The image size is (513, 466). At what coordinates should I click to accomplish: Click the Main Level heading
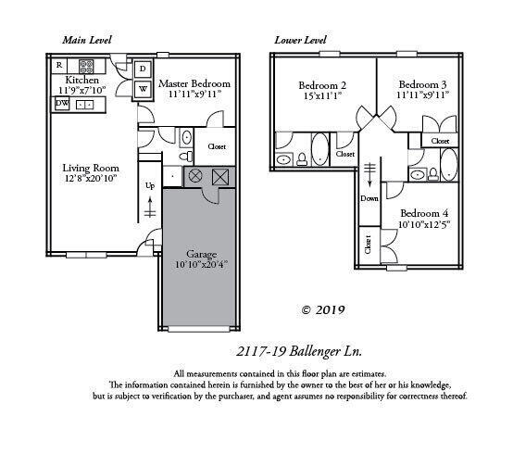pyautogui.click(x=87, y=41)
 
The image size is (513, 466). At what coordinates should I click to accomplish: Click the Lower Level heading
pyautogui.click(x=302, y=41)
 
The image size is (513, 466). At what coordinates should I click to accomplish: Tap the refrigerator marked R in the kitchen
pyautogui.click(x=59, y=65)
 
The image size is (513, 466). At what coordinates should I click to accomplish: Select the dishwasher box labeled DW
pyautogui.click(x=61, y=104)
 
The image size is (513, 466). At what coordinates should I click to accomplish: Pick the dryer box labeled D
pyautogui.click(x=143, y=69)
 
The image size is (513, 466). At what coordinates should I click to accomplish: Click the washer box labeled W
pyautogui.click(x=143, y=89)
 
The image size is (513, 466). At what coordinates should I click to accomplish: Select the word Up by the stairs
pyautogui.click(x=150, y=184)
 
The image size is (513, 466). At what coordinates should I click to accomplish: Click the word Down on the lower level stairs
pyautogui.click(x=369, y=198)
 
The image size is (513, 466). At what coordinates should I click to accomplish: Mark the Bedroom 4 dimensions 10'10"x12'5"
pyautogui.click(x=424, y=224)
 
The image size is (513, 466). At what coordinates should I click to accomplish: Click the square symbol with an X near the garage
pyautogui.click(x=220, y=176)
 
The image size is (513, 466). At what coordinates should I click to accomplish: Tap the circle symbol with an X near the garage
pyautogui.click(x=195, y=176)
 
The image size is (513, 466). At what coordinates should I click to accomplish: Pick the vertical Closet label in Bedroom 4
pyautogui.click(x=368, y=246)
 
